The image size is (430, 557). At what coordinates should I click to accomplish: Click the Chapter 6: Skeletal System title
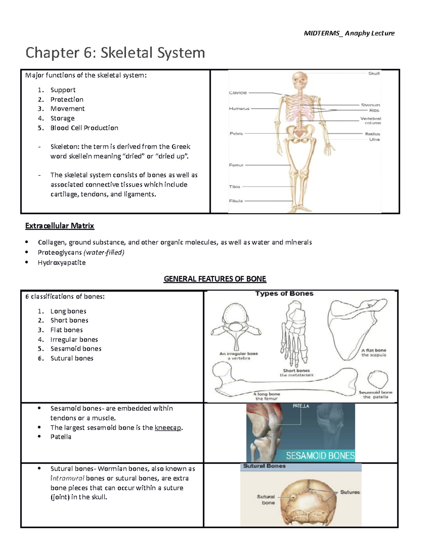pos(115,53)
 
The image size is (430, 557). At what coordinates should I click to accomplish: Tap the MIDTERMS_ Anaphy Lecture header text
pos(349,33)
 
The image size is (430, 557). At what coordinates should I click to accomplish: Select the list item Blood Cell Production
pos(84,128)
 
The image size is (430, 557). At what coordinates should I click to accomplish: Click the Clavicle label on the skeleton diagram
pos(238,93)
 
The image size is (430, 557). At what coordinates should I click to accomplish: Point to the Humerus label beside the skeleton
pos(239,108)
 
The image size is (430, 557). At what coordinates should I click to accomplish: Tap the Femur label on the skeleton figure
pos(236,165)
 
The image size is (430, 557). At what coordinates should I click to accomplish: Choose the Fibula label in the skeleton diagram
pos(236,201)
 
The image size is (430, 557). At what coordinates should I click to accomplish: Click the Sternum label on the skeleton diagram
pos(370,105)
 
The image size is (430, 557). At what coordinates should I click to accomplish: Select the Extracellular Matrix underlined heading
pos(59,226)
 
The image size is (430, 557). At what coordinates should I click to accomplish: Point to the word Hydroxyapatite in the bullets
pos(62,263)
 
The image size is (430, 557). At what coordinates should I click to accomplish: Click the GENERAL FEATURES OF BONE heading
pos(215,279)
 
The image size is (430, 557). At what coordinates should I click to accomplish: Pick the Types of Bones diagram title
pos(284,293)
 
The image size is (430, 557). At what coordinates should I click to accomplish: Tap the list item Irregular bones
pos(74,340)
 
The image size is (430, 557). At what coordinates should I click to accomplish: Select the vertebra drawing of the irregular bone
pos(236,325)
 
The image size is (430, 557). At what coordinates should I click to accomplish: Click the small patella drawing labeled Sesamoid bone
pos(378,379)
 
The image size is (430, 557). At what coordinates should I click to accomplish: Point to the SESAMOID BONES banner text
pos(320,456)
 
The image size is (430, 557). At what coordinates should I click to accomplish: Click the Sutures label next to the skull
pos(350,492)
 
